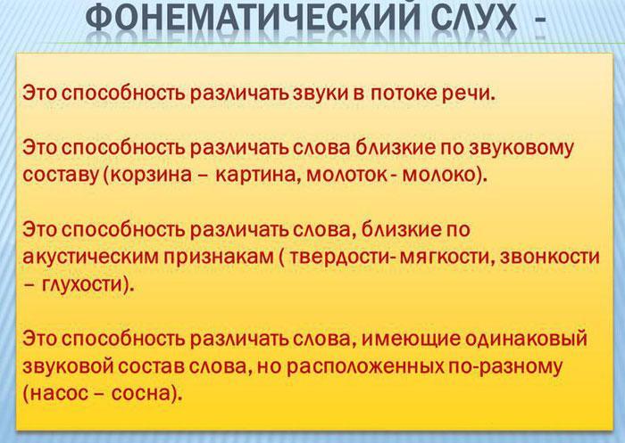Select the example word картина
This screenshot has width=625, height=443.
256,172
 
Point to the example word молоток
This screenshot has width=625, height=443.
345,172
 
